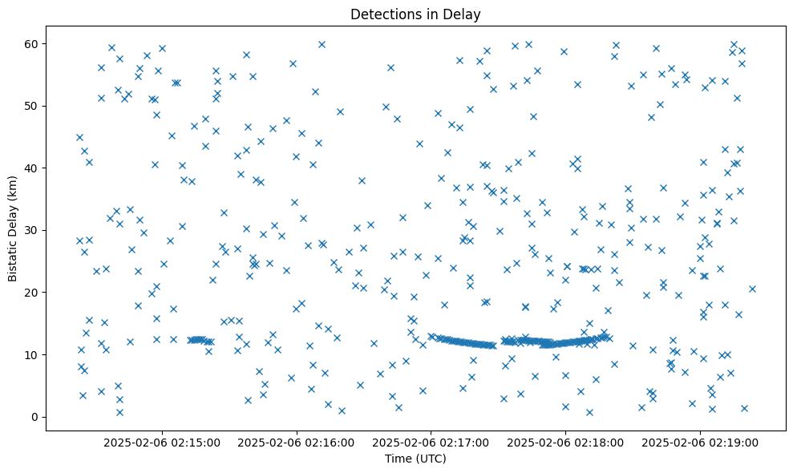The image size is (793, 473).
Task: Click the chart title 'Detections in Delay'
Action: click(x=415, y=14)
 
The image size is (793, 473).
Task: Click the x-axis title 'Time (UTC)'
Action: click(x=415, y=459)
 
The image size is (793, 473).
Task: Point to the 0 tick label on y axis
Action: click(x=34, y=417)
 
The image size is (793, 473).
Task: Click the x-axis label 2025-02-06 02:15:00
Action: click(x=162, y=442)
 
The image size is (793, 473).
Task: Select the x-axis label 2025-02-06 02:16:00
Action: click(x=297, y=442)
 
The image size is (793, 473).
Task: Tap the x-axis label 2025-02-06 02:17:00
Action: click(x=431, y=442)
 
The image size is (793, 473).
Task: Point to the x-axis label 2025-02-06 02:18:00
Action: click(x=565, y=442)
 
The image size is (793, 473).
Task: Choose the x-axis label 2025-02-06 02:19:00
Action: click(x=700, y=442)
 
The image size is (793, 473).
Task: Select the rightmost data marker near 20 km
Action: click(x=752, y=289)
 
